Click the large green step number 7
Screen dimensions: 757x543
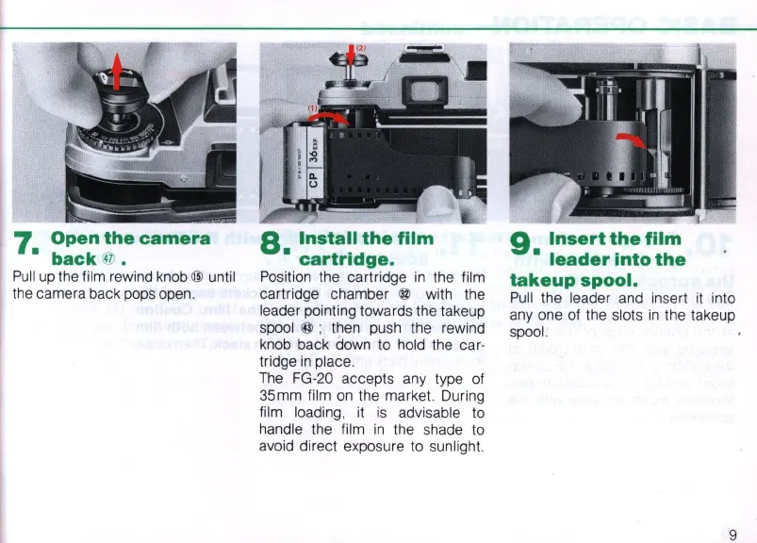(25, 243)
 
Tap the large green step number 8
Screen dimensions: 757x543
(272, 243)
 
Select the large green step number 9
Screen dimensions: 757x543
(521, 243)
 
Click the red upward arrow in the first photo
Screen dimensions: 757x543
(117, 72)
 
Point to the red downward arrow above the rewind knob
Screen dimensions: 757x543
(351, 55)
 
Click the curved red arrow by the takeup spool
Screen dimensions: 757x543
(632, 140)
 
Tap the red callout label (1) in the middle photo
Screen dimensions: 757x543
(313, 108)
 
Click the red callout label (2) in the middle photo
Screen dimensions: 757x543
(361, 48)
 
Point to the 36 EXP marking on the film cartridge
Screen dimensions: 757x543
(314, 150)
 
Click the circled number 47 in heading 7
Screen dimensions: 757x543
(108, 258)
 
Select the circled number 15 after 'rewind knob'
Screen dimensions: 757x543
(197, 277)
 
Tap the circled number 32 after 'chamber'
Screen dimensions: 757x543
(404, 294)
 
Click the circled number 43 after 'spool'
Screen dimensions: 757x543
(307, 328)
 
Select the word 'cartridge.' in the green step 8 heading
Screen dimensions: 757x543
(347, 259)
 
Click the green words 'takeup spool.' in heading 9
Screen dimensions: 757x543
(573, 280)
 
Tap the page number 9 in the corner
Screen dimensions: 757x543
(732, 535)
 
